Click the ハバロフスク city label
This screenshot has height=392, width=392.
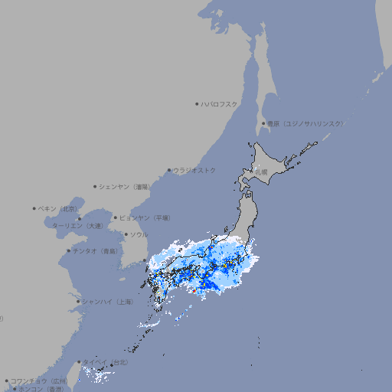coord(219,103)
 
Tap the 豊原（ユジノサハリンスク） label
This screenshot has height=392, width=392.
coord(305,123)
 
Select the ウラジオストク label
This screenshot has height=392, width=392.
coord(194,170)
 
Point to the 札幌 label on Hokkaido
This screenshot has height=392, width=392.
coord(261,172)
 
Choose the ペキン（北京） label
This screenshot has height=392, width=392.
coord(58,208)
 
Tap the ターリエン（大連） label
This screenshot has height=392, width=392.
coord(77,226)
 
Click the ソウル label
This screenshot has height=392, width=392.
coord(139,234)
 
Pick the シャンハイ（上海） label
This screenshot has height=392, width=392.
coord(107,302)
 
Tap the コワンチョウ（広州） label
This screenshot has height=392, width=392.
coord(39,381)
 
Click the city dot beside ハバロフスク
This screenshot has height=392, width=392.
coord(197,103)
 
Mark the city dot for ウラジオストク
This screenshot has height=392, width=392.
coord(169,171)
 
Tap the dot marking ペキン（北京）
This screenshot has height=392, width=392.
coord(34,208)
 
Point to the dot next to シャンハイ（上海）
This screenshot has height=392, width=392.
coord(78,302)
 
